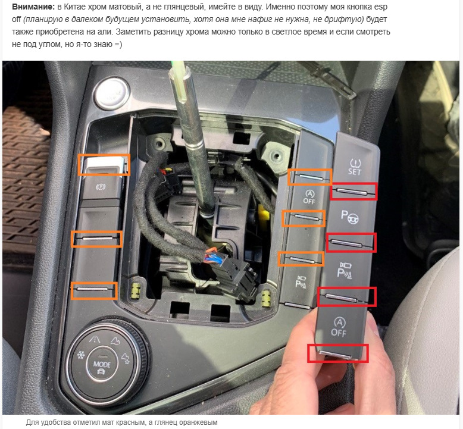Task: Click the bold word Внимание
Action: pos(33,7)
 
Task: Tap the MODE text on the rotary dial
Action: pos(102,364)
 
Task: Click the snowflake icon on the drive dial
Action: pos(80,355)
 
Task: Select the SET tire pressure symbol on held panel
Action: pos(355,167)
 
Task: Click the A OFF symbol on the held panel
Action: pos(339,327)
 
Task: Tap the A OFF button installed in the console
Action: pos(309,197)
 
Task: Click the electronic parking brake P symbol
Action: pos(101,186)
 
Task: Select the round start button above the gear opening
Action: pos(112,92)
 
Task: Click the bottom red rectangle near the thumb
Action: pos(338,353)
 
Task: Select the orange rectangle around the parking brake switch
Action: pos(104,164)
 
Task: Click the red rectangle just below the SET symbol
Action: pos(353,192)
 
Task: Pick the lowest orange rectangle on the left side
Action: pos(94,290)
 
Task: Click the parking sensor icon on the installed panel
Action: pos(301,282)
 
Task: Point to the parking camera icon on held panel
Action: pos(345,270)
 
